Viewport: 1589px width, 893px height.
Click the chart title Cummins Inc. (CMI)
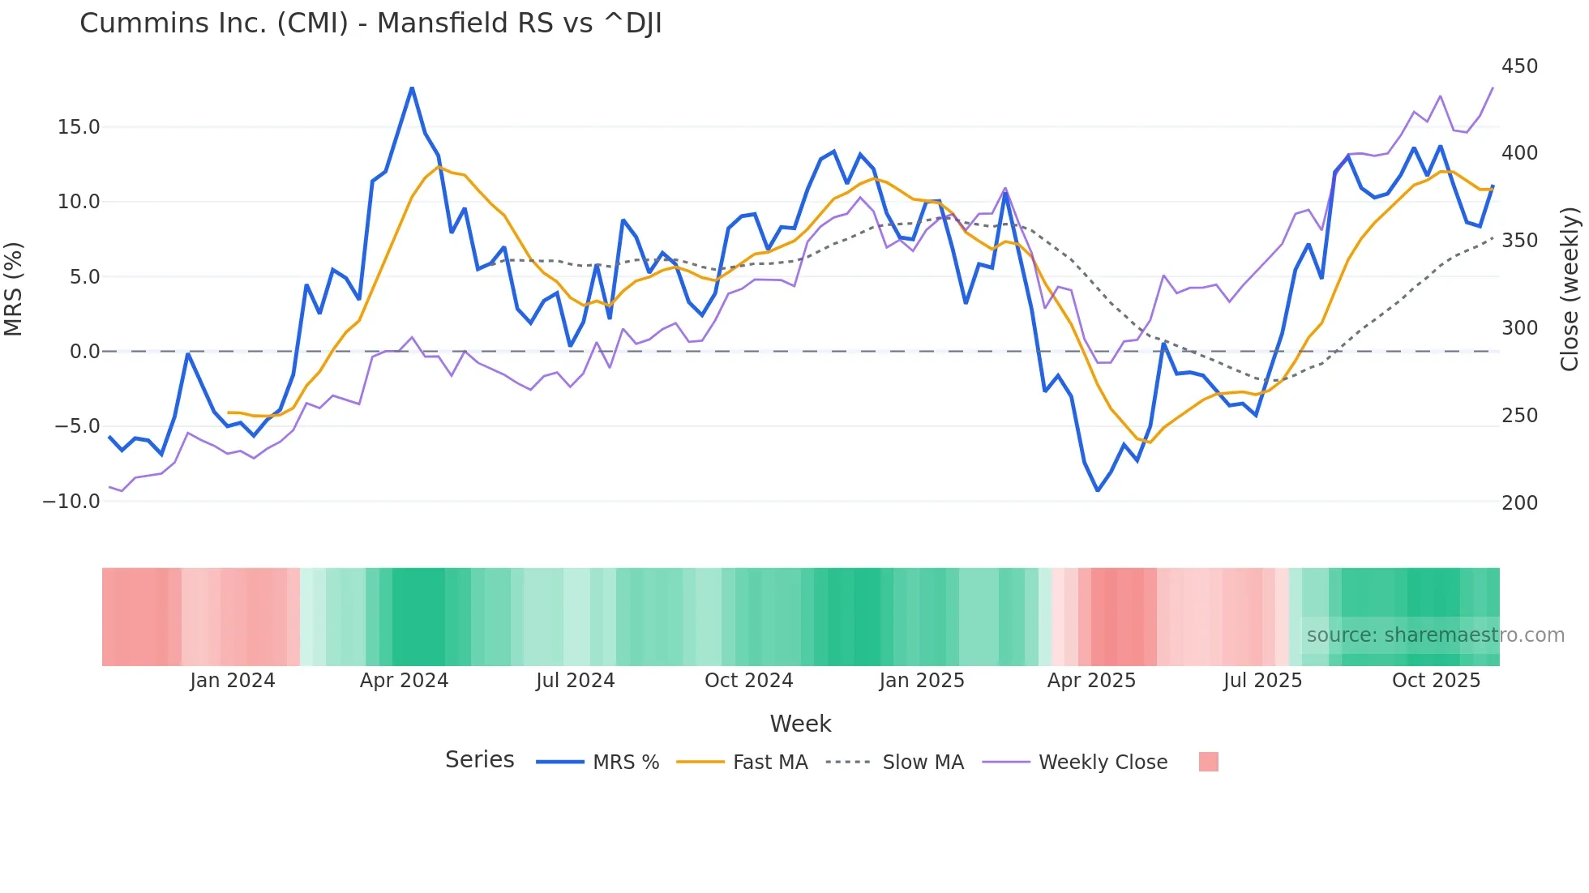tap(370, 23)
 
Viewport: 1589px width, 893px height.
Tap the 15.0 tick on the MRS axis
tap(79, 127)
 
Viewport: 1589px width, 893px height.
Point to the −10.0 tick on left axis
tap(71, 502)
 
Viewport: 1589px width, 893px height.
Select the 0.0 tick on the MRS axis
tap(85, 352)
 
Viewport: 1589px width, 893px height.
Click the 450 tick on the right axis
tap(1519, 66)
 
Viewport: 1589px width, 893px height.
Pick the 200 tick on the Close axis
tap(1519, 503)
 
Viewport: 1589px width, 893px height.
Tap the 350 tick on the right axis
tap(1519, 241)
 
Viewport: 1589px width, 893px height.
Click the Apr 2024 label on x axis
tap(404, 681)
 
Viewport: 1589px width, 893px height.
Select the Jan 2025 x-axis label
tap(922, 681)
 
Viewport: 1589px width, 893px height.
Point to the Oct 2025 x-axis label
tap(1436, 681)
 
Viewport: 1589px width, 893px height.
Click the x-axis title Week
tap(800, 724)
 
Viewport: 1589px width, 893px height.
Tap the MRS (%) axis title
tap(14, 289)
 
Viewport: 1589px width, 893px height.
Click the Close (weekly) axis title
tap(1570, 289)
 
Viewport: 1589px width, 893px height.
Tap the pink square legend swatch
tap(1208, 763)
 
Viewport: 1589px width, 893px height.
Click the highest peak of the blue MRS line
tap(412, 88)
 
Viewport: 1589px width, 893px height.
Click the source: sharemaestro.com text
tap(1435, 635)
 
